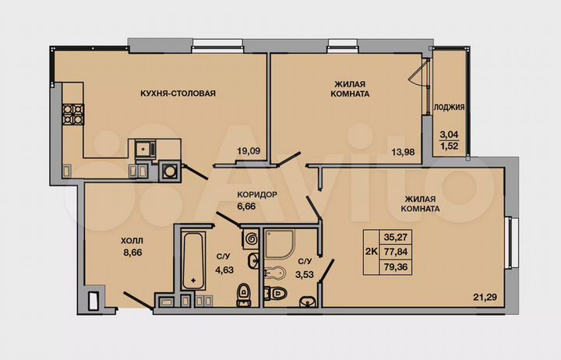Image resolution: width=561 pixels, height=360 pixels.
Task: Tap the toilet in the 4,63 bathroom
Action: pyautogui.click(x=243, y=292)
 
